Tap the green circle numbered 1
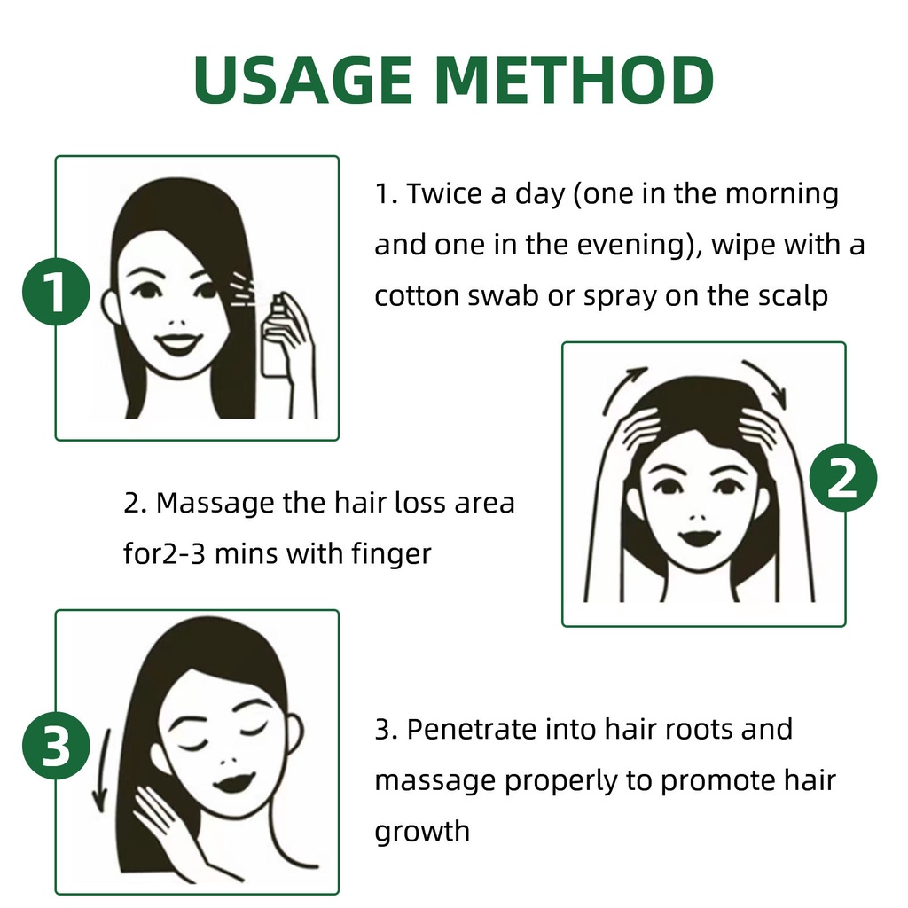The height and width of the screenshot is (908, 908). [56, 294]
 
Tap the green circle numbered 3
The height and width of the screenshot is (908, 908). [56, 748]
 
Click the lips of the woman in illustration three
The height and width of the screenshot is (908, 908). [235, 783]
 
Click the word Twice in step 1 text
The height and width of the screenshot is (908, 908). [444, 193]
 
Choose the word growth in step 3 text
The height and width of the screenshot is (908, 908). [421, 832]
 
